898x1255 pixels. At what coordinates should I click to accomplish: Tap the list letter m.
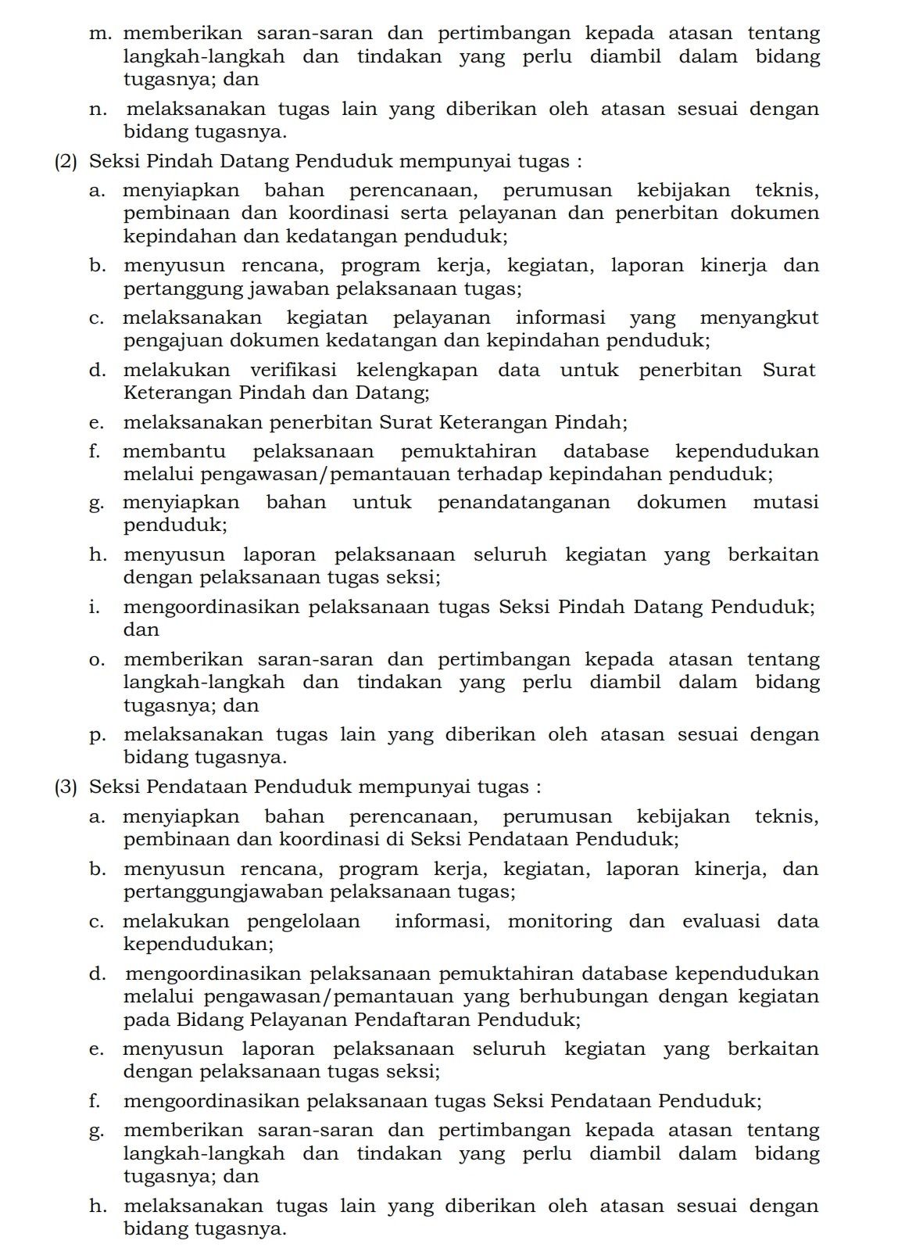coord(100,34)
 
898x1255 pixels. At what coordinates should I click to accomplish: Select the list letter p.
coord(98,736)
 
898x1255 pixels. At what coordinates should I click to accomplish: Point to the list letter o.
coord(98,660)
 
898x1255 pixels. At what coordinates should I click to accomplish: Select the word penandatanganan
coord(524,502)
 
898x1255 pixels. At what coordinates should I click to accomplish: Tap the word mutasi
coord(785,502)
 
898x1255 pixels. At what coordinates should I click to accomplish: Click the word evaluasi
coord(721,921)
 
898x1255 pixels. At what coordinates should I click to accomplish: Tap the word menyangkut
coord(759,318)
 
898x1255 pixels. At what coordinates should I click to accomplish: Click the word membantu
coord(174,451)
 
